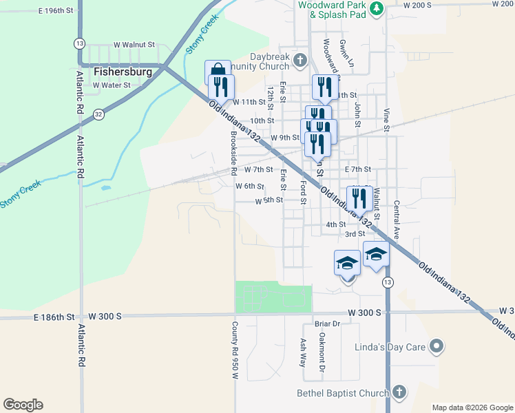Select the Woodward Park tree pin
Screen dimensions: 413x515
point(377,8)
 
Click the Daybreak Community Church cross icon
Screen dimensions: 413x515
point(299,61)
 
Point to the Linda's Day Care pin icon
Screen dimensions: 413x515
point(436,346)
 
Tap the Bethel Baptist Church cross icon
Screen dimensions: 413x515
point(399,393)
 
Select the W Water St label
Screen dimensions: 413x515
point(112,85)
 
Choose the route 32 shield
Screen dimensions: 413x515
point(99,114)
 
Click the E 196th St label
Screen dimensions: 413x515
point(56,11)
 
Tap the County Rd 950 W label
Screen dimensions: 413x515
point(235,351)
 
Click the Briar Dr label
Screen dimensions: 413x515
point(327,324)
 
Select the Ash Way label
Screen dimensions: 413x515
point(303,352)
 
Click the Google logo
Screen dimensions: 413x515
point(23,405)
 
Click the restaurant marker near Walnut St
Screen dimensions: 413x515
point(359,198)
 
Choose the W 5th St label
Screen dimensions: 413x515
point(269,201)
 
